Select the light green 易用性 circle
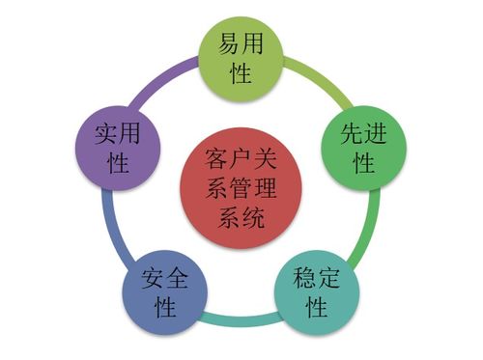[241, 57]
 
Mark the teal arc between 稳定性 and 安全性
[240, 318]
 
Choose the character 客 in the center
[210, 156]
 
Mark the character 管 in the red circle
[237, 186]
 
